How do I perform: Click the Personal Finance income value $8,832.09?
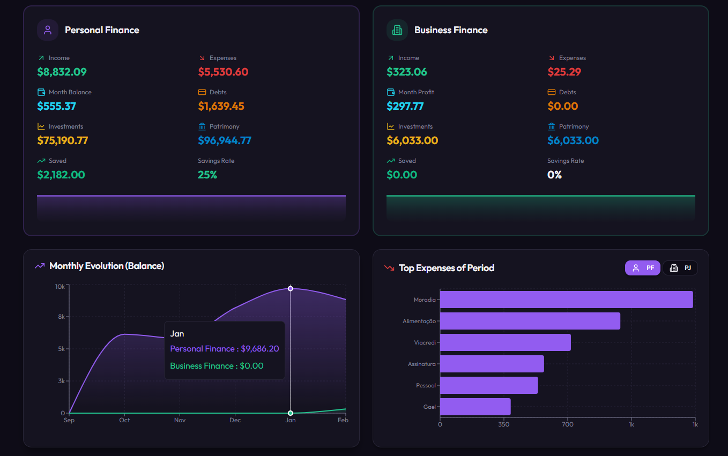[62, 72]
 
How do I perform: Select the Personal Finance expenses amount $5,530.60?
[223, 72]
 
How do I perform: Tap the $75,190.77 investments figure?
[62, 140]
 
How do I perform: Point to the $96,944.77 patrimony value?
[224, 140]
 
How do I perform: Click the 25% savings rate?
[207, 175]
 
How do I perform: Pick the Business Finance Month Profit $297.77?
[405, 106]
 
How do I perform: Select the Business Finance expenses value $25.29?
[564, 72]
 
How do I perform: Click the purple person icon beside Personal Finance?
[48, 30]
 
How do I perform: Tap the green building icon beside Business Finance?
[397, 30]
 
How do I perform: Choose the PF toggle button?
[643, 268]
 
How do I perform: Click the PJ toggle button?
[680, 268]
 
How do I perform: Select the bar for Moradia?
[566, 300]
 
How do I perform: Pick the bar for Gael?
[475, 407]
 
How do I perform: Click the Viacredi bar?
[505, 342]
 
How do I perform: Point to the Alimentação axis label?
[419, 321]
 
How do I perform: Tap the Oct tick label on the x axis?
[124, 420]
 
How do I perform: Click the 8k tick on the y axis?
[61, 317]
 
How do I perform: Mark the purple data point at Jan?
[291, 288]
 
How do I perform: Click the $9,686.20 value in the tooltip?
[259, 349]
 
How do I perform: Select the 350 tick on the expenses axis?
[503, 424]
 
